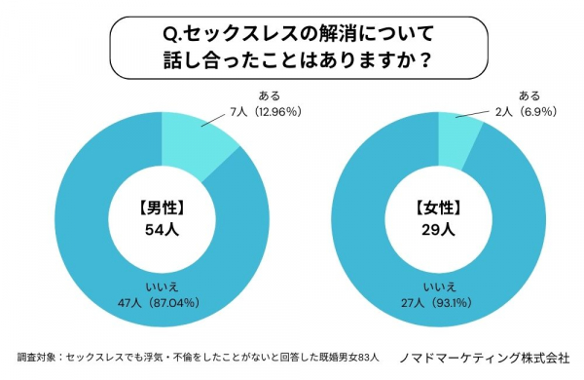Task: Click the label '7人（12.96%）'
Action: [266, 111]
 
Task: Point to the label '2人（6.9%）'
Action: [526, 111]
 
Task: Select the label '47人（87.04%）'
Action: [159, 303]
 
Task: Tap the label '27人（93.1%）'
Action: [436, 303]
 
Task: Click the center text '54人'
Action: [162, 230]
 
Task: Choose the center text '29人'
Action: [438, 230]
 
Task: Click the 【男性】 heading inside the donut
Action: [162, 209]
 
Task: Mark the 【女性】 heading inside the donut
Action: [439, 209]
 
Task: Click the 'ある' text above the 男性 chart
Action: [270, 95]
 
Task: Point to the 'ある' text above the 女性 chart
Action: [529, 95]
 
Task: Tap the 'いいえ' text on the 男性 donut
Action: [162, 286]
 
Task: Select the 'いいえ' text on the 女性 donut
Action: [440, 286]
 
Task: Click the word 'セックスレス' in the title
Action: [241, 35]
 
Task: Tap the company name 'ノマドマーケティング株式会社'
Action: [485, 358]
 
